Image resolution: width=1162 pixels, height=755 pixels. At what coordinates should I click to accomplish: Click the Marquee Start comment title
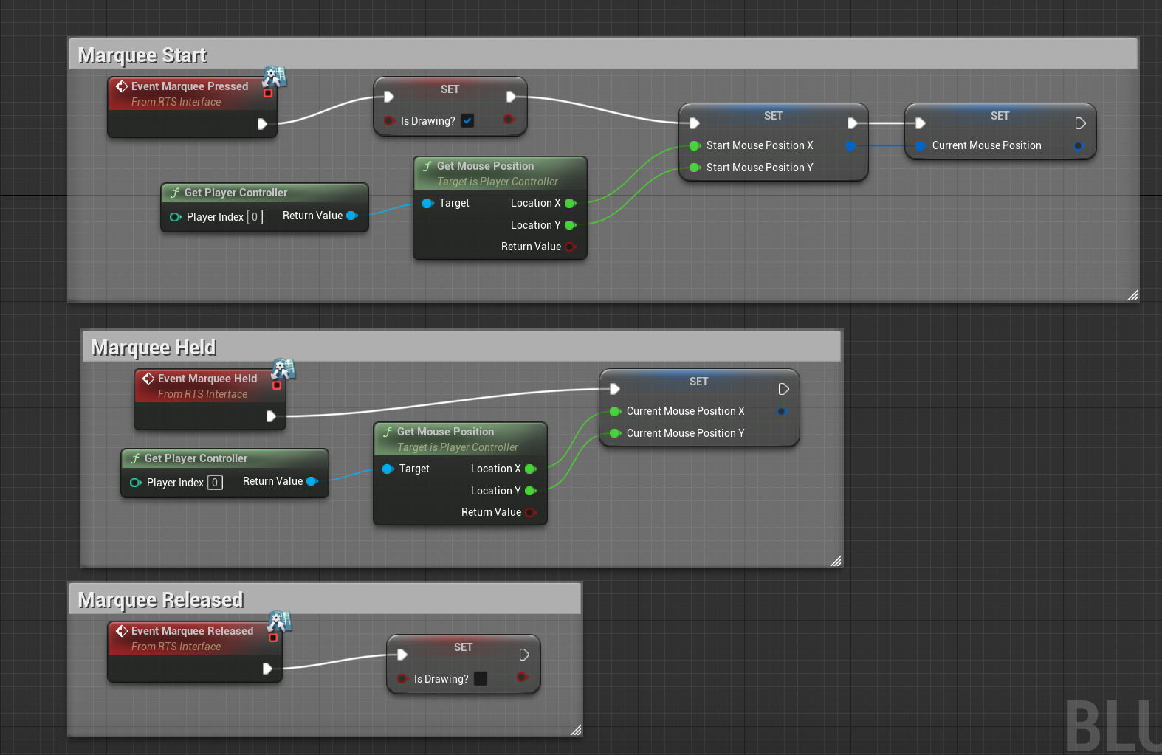point(142,55)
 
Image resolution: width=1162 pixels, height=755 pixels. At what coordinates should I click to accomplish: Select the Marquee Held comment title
point(154,348)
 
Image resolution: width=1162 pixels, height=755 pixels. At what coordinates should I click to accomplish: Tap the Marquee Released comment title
point(161,600)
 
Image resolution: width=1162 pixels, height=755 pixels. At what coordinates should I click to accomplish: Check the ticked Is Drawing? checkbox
point(467,121)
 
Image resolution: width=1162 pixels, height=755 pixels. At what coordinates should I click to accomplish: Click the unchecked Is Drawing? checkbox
point(481,679)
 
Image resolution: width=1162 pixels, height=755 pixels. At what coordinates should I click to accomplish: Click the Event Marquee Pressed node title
point(190,86)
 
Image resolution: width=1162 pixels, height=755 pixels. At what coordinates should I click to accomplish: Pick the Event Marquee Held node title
point(207,379)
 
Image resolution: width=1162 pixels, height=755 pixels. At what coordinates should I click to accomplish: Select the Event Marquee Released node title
point(192,631)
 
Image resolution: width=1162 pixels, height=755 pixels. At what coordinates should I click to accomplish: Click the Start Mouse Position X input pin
point(694,145)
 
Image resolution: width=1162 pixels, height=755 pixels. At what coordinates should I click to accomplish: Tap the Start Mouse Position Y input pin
point(694,168)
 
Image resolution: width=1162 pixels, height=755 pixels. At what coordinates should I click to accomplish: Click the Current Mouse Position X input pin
point(614,411)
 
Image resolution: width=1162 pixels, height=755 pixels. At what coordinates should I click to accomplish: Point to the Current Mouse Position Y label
point(685,433)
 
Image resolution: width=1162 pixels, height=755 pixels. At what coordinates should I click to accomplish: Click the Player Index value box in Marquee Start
point(255,217)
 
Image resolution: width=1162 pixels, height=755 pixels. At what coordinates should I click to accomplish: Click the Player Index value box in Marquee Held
point(215,483)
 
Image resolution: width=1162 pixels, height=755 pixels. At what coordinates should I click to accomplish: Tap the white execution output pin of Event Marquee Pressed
point(262,124)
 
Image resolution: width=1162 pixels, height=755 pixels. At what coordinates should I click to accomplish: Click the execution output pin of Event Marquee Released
point(267,669)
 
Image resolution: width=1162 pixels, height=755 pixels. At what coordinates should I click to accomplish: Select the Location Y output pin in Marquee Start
point(570,225)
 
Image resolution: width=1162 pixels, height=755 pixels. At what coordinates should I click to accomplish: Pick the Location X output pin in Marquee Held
point(530,469)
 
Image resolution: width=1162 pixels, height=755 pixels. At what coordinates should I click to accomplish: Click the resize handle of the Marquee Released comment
point(575,730)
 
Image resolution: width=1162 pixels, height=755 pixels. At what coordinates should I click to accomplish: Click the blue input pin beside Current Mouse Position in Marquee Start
point(920,145)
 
